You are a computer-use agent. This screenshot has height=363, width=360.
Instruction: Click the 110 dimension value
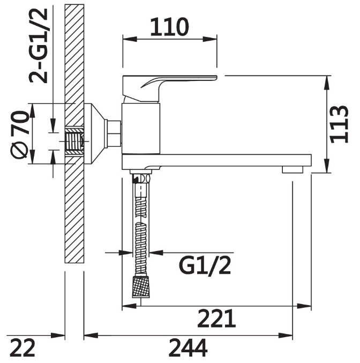pyautogui.click(x=170, y=27)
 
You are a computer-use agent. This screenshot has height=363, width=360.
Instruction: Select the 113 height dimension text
pyautogui.click(x=339, y=124)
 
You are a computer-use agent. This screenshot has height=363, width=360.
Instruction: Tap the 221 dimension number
pyautogui.click(x=216, y=318)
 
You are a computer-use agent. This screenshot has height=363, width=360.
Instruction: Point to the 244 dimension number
pyautogui.click(x=188, y=347)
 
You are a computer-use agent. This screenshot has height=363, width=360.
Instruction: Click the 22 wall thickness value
pyautogui.click(x=22, y=347)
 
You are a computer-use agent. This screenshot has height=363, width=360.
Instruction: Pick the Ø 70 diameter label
pyautogui.click(x=20, y=135)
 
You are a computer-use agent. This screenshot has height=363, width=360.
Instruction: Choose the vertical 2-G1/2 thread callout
pyautogui.click(x=38, y=46)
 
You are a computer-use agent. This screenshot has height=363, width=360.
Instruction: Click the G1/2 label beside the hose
pyautogui.click(x=205, y=266)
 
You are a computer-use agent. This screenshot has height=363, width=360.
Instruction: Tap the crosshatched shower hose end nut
pyautogui.click(x=141, y=287)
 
